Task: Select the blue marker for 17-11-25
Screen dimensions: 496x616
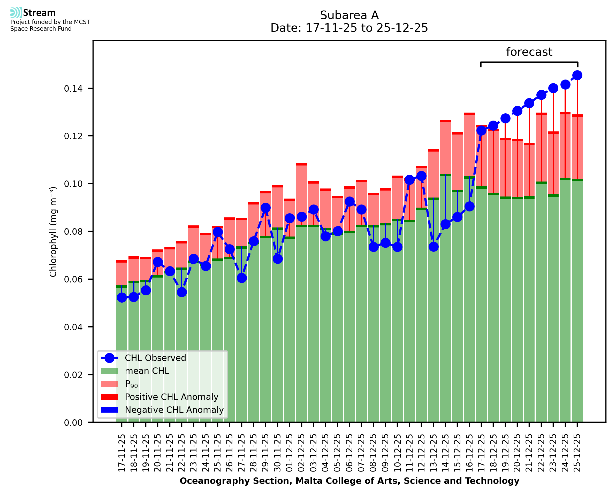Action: [122, 298]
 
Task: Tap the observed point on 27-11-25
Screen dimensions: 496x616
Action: [242, 278]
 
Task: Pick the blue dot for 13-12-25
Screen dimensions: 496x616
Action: [433, 247]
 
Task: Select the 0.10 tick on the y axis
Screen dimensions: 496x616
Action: [73, 184]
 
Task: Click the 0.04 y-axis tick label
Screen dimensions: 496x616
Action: [73, 327]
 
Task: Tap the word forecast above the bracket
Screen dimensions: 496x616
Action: [529, 52]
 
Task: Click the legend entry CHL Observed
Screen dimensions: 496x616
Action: [155, 358]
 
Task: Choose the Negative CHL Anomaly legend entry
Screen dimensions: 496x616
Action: [174, 410]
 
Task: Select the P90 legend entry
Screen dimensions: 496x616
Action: [131, 384]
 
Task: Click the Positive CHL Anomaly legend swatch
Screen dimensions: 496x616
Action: [109, 397]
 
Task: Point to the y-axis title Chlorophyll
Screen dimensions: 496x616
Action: [53, 232]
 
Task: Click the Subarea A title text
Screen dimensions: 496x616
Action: [349, 15]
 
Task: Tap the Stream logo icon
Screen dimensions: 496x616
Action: [16, 13]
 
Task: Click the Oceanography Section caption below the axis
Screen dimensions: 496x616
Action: [349, 481]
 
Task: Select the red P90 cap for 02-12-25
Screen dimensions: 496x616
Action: [301, 164]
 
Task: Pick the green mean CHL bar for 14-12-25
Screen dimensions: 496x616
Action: [445, 297]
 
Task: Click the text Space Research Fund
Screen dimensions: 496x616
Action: [41, 29]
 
